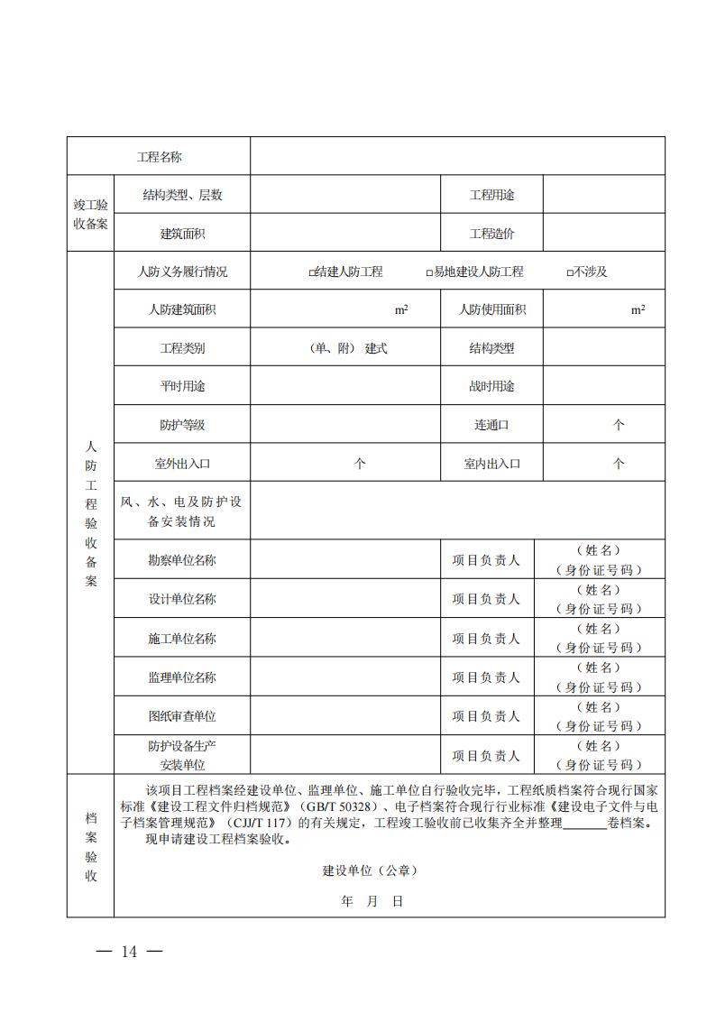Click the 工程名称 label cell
pos(159,157)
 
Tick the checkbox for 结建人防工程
pos(311,272)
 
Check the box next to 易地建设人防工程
pos(429,272)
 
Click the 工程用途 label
pos(491,195)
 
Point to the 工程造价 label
pos(491,234)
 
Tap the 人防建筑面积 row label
pos(182,309)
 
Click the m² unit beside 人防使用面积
pos(638,309)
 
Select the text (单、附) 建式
pos(347,348)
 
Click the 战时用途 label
pos(491,386)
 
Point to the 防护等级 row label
pos(182,425)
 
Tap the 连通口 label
pos(491,425)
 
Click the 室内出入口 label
pos(491,464)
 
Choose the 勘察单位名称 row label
pos(182,560)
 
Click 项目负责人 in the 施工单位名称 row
pos(486,639)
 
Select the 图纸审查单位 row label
pos(182,716)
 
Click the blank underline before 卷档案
pos(588,824)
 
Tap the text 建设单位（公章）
pos(370,871)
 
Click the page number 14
pos(129,952)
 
